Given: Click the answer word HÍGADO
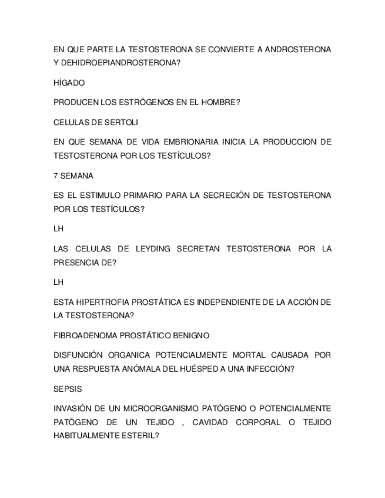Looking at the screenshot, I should pos(69,83).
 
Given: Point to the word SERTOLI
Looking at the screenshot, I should pos(122,122).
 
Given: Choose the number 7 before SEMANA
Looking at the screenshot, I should pos(55,176).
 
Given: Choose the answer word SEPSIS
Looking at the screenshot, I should pos(68,389).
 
